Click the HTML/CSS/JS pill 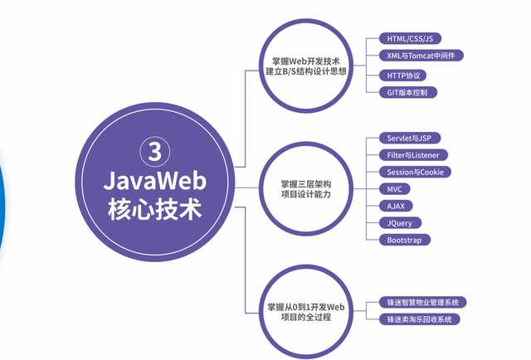pos(408,38)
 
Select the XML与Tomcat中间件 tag pos(420,56)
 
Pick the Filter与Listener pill pos(413,154)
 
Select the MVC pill pos(396,189)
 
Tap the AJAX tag pos(397,206)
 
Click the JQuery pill pos(400,223)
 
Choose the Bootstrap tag pos(405,240)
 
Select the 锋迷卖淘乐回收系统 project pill pos(420,319)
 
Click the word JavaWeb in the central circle pos(154,179)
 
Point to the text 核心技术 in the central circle pos(154,207)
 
